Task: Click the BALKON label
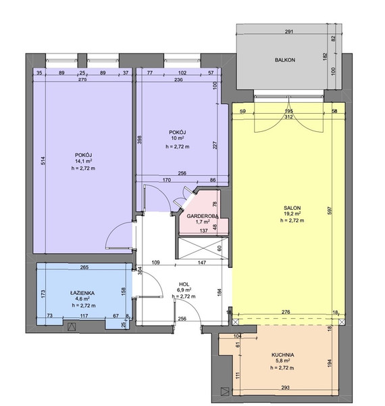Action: (x=285, y=60)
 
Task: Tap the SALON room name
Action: (x=292, y=208)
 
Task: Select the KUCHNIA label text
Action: (x=283, y=355)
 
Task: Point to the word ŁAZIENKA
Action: (x=82, y=294)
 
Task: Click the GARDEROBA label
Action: (x=203, y=217)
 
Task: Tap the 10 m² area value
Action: (x=177, y=138)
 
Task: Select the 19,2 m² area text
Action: (x=292, y=214)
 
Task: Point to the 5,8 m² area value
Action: (x=282, y=361)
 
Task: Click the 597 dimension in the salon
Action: (x=329, y=210)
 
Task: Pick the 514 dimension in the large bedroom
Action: (x=43, y=161)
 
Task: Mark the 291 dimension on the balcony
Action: (x=289, y=32)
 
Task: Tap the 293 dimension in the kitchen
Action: (x=285, y=388)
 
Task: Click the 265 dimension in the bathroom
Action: (x=84, y=267)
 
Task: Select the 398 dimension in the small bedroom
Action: (x=140, y=140)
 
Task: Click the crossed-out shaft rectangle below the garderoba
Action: (x=203, y=248)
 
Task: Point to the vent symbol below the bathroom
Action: (x=71, y=327)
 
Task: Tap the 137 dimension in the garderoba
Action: (x=204, y=231)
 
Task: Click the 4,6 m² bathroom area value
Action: (x=82, y=299)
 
